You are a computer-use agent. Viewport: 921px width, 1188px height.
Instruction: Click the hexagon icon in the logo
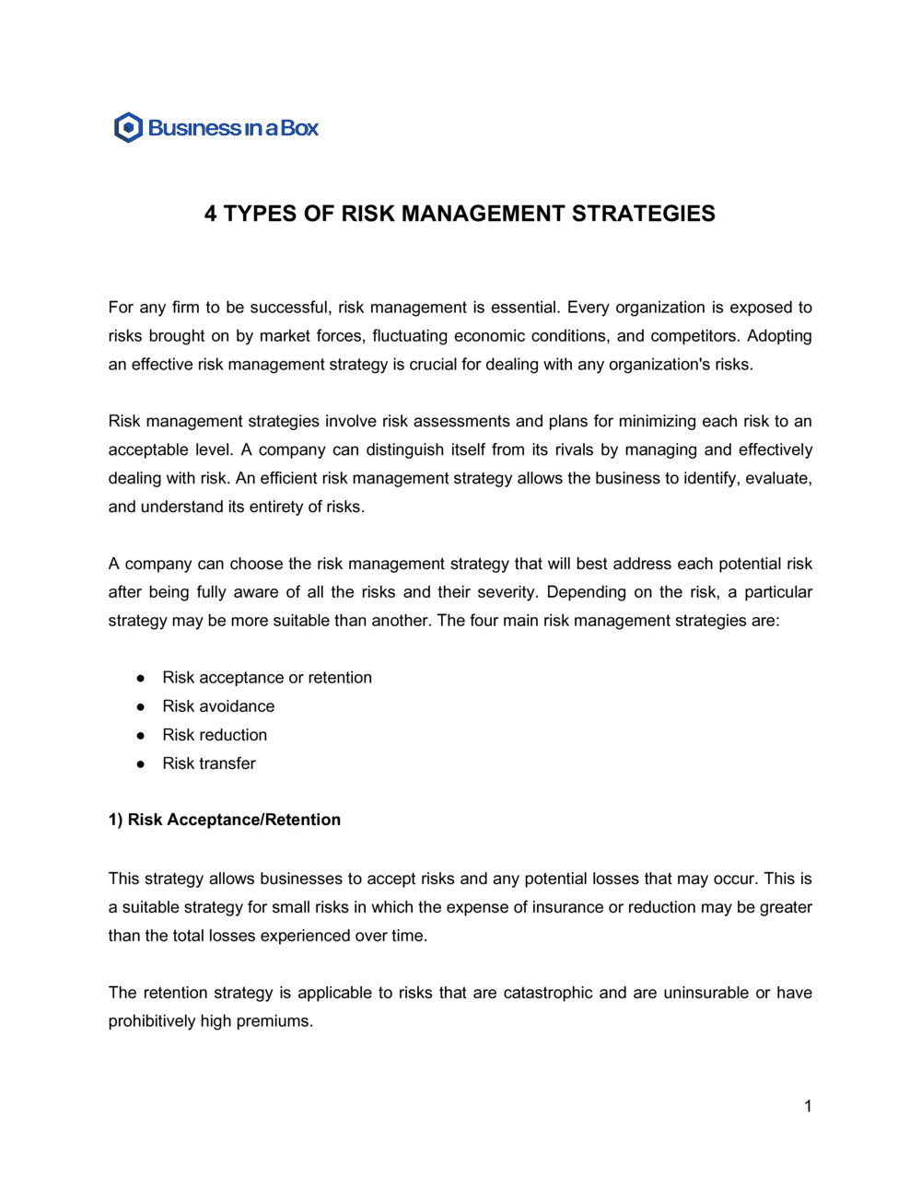click(x=128, y=127)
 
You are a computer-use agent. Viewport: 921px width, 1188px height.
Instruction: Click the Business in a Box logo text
click(x=233, y=128)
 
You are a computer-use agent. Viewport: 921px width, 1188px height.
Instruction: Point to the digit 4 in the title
click(x=211, y=214)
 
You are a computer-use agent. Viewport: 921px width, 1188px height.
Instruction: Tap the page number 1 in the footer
click(x=808, y=1106)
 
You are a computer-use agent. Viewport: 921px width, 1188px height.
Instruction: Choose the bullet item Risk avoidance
click(x=218, y=706)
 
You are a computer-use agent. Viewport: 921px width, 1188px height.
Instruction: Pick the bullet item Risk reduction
click(x=215, y=735)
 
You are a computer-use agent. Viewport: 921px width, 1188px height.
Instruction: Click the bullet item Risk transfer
click(x=209, y=763)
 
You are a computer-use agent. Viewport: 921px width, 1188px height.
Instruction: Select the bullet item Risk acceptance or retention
click(x=267, y=678)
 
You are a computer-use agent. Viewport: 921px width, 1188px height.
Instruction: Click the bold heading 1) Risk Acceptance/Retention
click(x=225, y=820)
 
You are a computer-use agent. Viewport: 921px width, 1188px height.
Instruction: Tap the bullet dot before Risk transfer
click(x=141, y=763)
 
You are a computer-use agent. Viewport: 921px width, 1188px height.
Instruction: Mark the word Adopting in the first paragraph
click(x=779, y=336)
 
